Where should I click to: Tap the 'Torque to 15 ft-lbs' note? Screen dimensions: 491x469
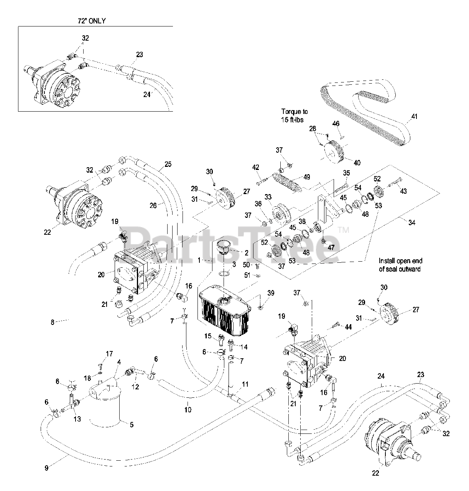(x=294, y=115)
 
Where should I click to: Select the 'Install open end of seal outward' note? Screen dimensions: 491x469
(x=400, y=265)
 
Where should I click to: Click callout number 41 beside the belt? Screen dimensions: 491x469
(x=415, y=117)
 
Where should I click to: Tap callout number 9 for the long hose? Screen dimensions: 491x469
(x=46, y=468)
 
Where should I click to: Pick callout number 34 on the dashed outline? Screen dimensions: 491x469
(x=412, y=222)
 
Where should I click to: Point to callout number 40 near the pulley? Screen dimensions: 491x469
(x=357, y=163)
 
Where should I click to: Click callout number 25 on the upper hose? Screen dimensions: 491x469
(x=168, y=165)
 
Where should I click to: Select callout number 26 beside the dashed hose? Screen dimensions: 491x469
(x=153, y=206)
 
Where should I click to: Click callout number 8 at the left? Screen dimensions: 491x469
(x=53, y=322)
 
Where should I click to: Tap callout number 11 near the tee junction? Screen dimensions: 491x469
(x=245, y=384)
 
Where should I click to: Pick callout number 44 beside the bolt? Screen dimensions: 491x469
(x=348, y=327)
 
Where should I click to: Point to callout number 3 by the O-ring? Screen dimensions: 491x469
(x=234, y=264)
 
